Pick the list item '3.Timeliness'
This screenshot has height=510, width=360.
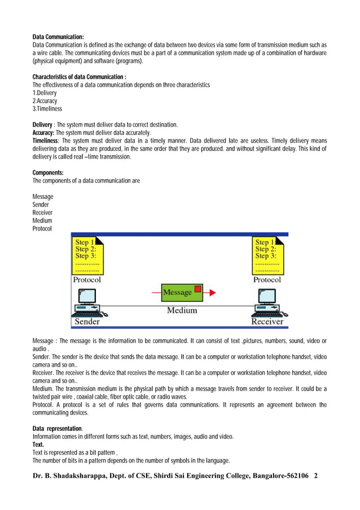coord(47,108)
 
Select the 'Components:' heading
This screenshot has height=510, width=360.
coord(48,173)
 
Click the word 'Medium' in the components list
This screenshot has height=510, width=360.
coord(42,220)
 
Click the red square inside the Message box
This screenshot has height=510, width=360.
coord(197,290)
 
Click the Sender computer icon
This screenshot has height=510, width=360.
coord(87,303)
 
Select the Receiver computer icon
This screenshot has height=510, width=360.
coord(267,303)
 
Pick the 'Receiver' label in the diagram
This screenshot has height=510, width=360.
coord(267,321)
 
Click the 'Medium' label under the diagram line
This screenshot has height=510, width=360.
coord(182,310)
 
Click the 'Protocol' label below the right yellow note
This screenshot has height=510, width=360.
coord(267,280)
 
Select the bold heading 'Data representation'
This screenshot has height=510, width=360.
coord(57,429)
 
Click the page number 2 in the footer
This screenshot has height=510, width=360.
coord(316,476)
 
